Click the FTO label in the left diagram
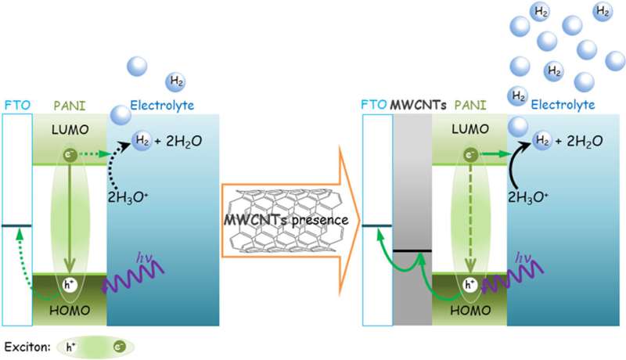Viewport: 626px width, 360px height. coord(15,104)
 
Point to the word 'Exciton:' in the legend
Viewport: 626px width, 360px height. coord(24,344)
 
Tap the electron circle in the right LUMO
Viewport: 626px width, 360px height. coord(469,155)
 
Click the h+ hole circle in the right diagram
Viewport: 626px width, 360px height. coord(469,285)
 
